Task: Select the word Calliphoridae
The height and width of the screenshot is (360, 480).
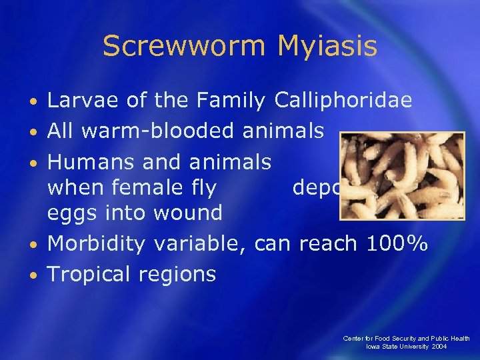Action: (x=343, y=101)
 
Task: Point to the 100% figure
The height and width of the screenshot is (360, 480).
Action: (x=396, y=244)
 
